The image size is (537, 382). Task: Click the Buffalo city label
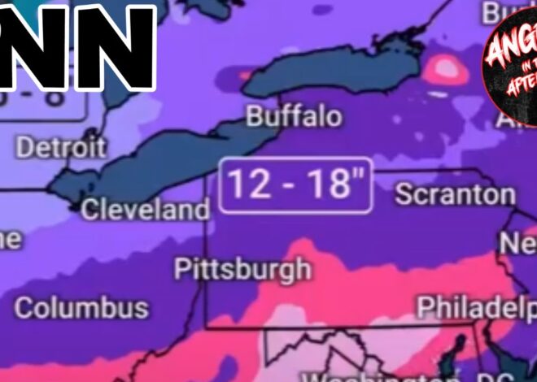[x=294, y=117]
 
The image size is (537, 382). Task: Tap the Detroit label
[x=61, y=148]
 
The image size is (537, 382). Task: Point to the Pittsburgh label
[x=242, y=268]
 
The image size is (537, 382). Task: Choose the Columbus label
[x=81, y=308]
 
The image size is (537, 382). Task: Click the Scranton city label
[x=455, y=195]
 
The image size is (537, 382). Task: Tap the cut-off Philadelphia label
[x=476, y=307]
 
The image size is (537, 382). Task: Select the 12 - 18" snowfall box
[x=295, y=186]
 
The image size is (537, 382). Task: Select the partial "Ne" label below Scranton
[x=517, y=243]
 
